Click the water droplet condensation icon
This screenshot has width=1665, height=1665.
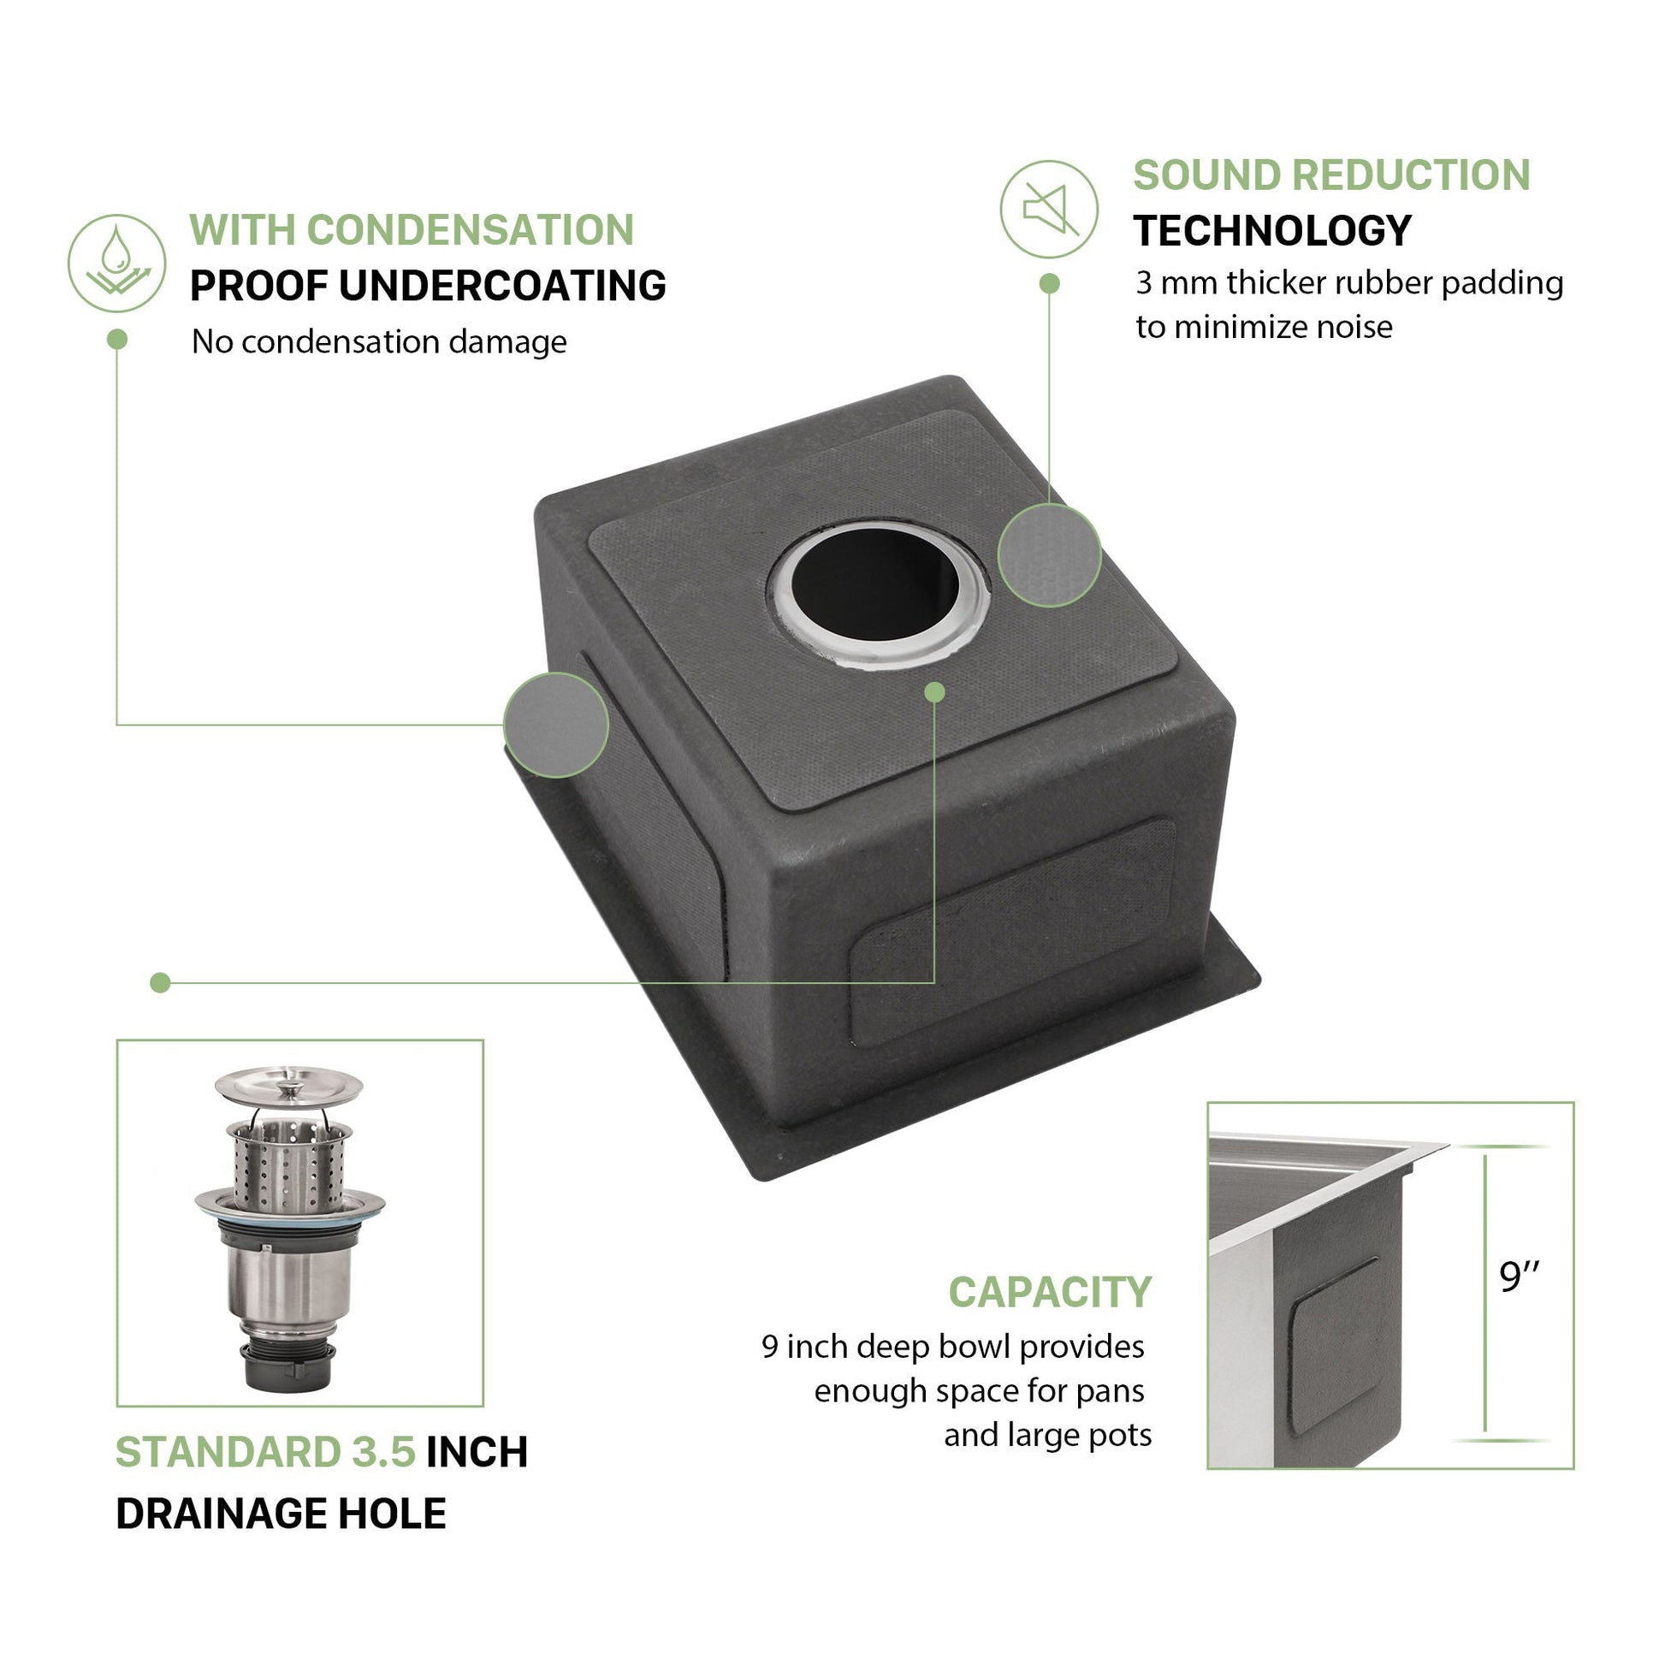[116, 263]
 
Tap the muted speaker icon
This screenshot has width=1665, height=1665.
[1049, 209]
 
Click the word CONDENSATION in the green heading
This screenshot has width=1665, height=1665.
[471, 230]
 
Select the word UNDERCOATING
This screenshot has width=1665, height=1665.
[502, 286]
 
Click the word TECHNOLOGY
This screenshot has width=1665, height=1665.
[1272, 231]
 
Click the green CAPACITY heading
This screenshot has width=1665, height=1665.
[1050, 1292]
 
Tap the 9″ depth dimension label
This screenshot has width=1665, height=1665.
[1520, 1278]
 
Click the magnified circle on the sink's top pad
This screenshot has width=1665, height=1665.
[1049, 555]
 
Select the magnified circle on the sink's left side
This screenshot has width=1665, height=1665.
[556, 725]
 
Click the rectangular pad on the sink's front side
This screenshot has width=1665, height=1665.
[1013, 933]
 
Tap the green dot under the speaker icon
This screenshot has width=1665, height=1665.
[1049, 283]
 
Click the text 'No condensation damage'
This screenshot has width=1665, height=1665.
[379, 342]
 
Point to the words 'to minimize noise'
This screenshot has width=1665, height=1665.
[1264, 327]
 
